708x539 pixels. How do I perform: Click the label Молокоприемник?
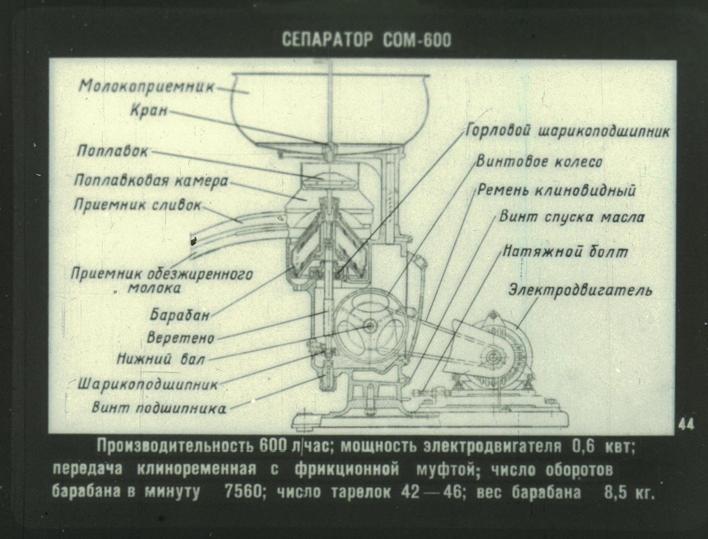(147, 86)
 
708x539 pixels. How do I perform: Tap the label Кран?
(149, 111)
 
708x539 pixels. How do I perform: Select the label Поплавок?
(112, 151)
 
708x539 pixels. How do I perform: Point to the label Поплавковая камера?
(151, 181)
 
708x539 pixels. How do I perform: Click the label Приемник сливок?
(137, 205)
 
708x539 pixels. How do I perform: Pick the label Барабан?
(180, 314)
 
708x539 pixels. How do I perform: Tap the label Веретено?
(180, 338)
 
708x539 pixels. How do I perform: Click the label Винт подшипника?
(159, 408)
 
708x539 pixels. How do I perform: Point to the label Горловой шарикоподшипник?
(568, 132)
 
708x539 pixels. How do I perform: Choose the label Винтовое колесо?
(539, 162)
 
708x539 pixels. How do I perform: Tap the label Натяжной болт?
(565, 252)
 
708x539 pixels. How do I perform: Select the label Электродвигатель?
(580, 290)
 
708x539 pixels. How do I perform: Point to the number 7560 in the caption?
(244, 492)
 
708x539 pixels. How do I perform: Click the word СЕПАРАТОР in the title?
(328, 40)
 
